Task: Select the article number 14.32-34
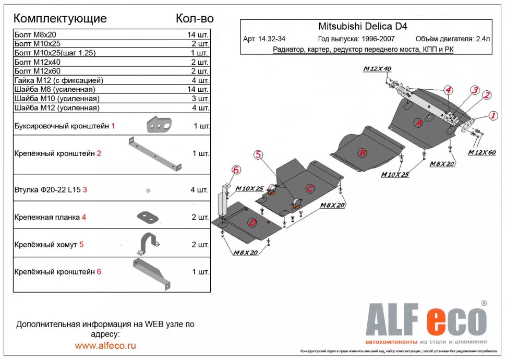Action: (264, 39)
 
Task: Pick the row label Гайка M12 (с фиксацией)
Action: (58, 80)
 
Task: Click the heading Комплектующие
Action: (59, 18)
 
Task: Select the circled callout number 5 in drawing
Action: (259, 154)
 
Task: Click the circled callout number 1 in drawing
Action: (492, 116)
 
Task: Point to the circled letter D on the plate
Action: (252, 223)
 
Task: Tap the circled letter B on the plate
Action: (363, 153)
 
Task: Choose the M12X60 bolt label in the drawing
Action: (483, 152)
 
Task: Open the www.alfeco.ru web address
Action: (105, 345)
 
